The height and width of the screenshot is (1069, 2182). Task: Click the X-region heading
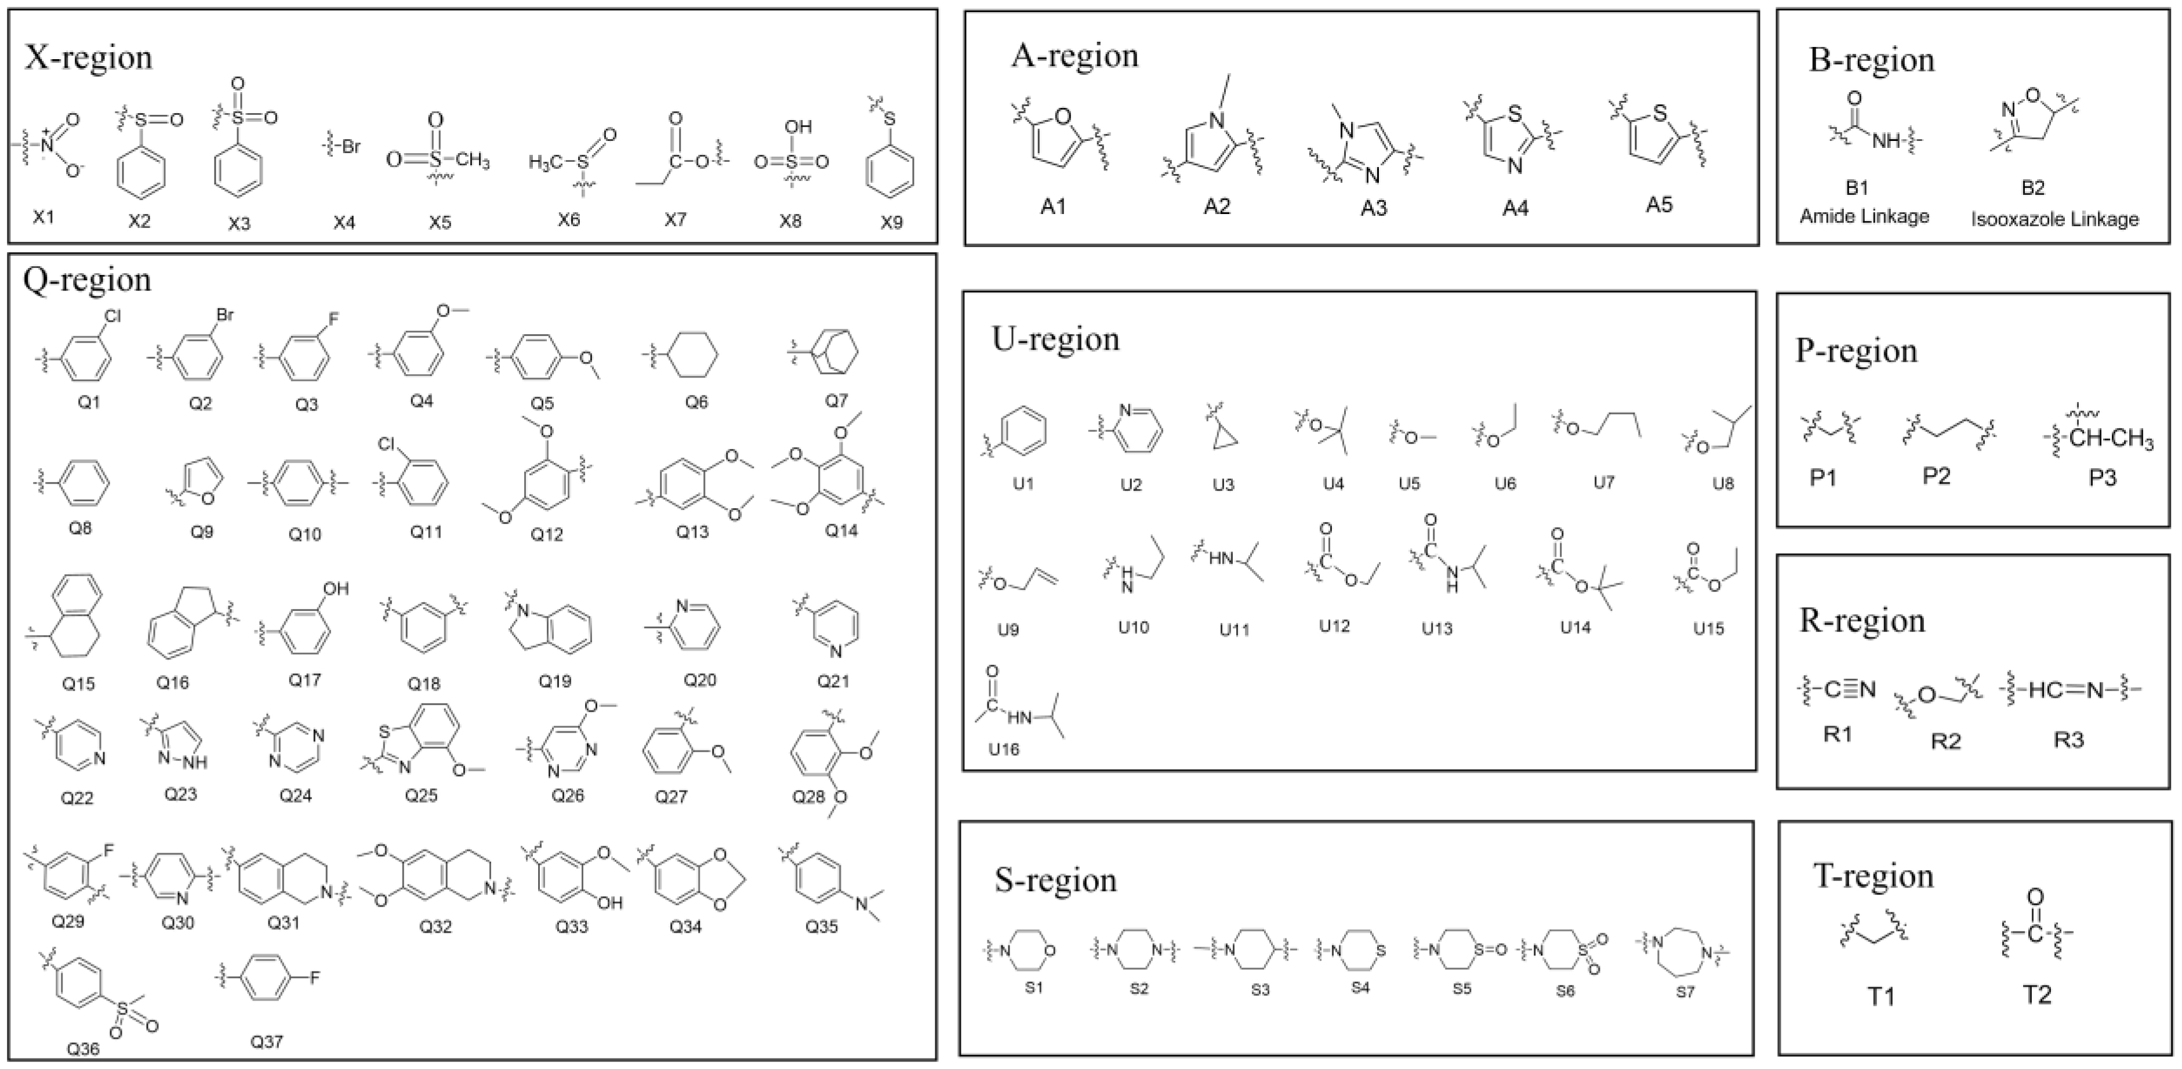point(89,57)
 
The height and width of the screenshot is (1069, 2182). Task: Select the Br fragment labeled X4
point(345,147)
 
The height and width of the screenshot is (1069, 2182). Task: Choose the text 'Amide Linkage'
point(1864,217)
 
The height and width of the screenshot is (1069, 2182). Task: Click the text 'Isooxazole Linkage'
point(2054,219)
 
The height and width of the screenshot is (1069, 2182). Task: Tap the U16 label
point(1004,749)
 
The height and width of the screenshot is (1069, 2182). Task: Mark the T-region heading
point(1874,875)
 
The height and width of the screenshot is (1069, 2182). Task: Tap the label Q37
point(266,1042)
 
